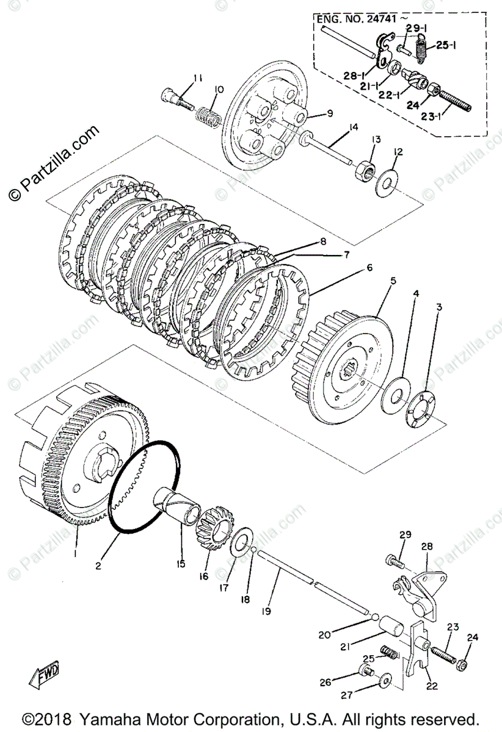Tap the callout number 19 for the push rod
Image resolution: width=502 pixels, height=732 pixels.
(266, 611)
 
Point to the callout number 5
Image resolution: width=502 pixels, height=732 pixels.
(393, 281)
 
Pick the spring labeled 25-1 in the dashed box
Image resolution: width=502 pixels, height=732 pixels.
(421, 48)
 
